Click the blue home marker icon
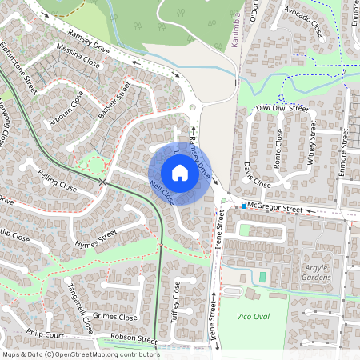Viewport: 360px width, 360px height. (x=180, y=172)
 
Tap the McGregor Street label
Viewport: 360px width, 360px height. (x=275, y=209)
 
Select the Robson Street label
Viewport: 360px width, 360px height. (x=134, y=339)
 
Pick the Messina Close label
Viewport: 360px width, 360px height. (x=79, y=57)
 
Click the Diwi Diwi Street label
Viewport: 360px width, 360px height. (x=282, y=107)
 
